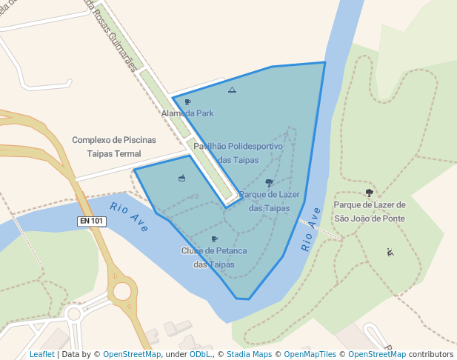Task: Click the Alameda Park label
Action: (x=187, y=113)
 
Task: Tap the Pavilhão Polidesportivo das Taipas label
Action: (x=238, y=153)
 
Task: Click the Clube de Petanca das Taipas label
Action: (x=213, y=258)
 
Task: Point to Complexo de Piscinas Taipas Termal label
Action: (x=114, y=146)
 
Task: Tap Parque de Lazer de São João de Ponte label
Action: (x=370, y=210)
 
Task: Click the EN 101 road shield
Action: (x=91, y=221)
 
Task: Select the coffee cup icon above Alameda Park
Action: (x=187, y=101)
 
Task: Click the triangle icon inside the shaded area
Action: (x=232, y=90)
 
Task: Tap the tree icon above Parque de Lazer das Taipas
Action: (x=269, y=182)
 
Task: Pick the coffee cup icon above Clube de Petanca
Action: (x=214, y=239)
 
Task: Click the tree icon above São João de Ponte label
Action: (x=369, y=193)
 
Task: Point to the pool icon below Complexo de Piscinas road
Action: (x=181, y=178)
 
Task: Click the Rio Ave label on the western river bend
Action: (x=129, y=216)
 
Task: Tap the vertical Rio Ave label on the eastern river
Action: (x=311, y=230)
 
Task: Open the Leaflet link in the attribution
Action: (x=41, y=355)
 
